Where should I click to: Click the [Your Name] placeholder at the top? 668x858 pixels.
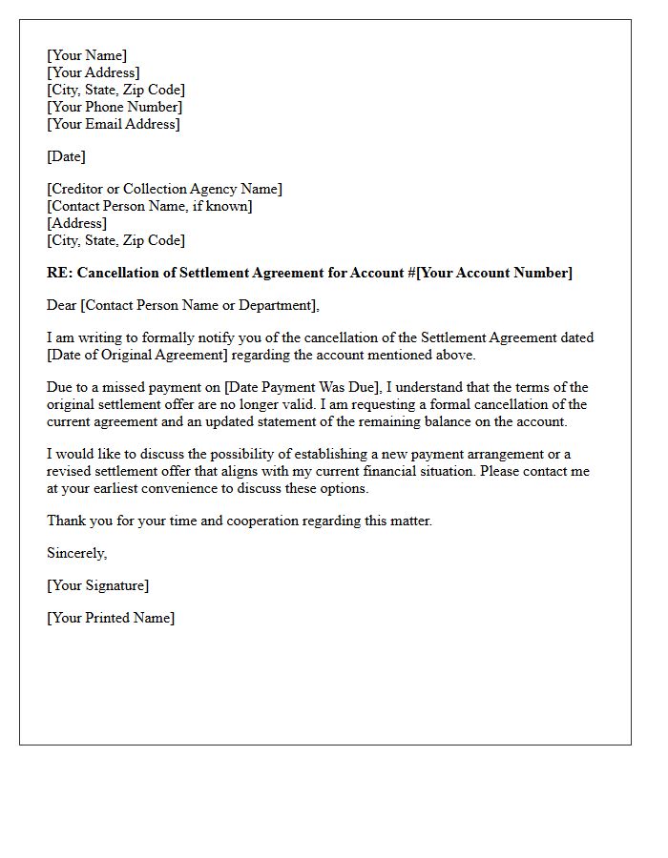(87, 55)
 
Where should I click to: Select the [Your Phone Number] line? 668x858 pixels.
(115, 107)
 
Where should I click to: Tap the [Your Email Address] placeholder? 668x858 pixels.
(114, 124)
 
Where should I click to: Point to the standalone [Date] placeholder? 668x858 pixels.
(66, 156)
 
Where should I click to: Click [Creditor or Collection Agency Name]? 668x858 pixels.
(164, 189)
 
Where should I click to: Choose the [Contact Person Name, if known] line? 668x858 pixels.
(150, 206)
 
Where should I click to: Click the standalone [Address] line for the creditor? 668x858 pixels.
(76, 223)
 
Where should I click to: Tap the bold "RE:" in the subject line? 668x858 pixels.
(60, 273)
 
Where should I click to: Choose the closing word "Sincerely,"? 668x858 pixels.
(77, 553)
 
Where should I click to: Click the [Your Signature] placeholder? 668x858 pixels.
(98, 585)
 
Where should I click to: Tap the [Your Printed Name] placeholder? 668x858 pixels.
(111, 618)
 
